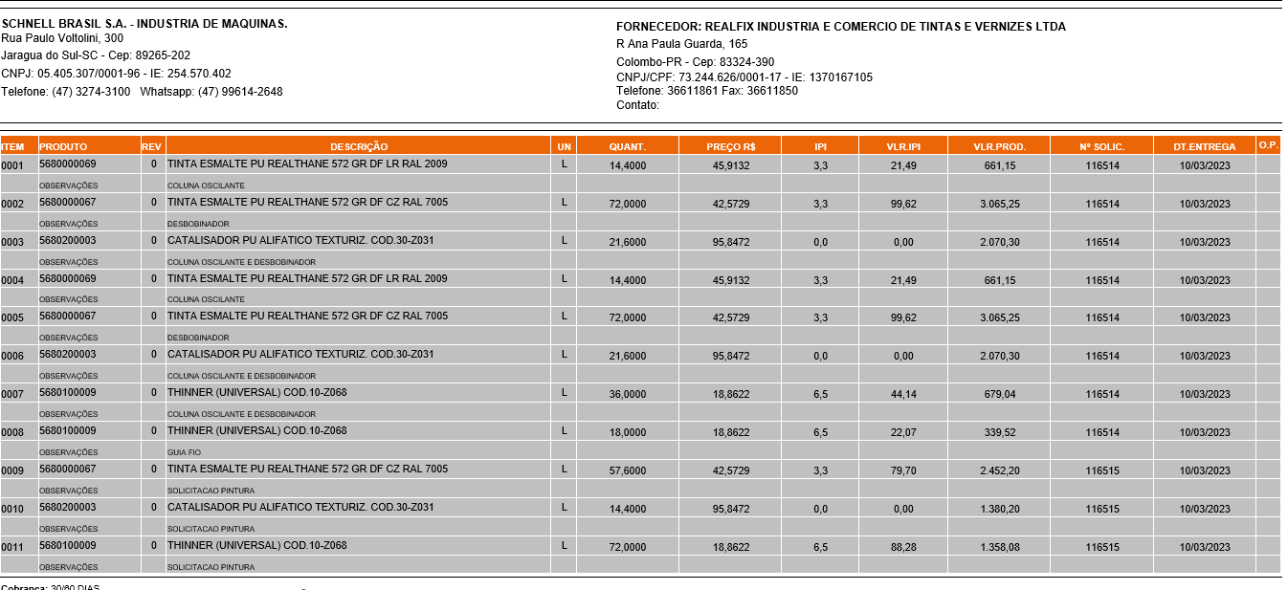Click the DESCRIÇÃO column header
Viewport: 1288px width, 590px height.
[x=359, y=146]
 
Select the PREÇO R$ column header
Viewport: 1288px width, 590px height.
[x=731, y=146]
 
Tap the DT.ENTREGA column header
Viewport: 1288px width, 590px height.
[x=1204, y=146]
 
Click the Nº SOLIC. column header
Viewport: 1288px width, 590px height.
[x=1101, y=146]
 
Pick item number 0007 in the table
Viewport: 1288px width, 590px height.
[x=12, y=394]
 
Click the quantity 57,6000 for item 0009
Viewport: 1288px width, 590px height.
[x=628, y=470]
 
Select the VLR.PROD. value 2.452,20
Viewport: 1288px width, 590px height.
[x=999, y=470]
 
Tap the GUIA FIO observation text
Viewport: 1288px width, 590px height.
[x=185, y=452]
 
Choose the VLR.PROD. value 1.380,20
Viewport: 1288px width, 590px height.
[x=999, y=509]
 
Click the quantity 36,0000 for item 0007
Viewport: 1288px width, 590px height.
[x=628, y=394]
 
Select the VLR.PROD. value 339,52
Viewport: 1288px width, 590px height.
[x=999, y=432]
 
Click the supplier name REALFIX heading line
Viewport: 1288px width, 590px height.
[x=840, y=27]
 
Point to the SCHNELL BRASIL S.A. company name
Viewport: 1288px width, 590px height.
[x=144, y=23]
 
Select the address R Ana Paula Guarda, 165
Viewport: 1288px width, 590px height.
[x=682, y=44]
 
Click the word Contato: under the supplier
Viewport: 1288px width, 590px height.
[x=638, y=105]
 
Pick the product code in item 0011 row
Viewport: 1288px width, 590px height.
[x=67, y=546]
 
